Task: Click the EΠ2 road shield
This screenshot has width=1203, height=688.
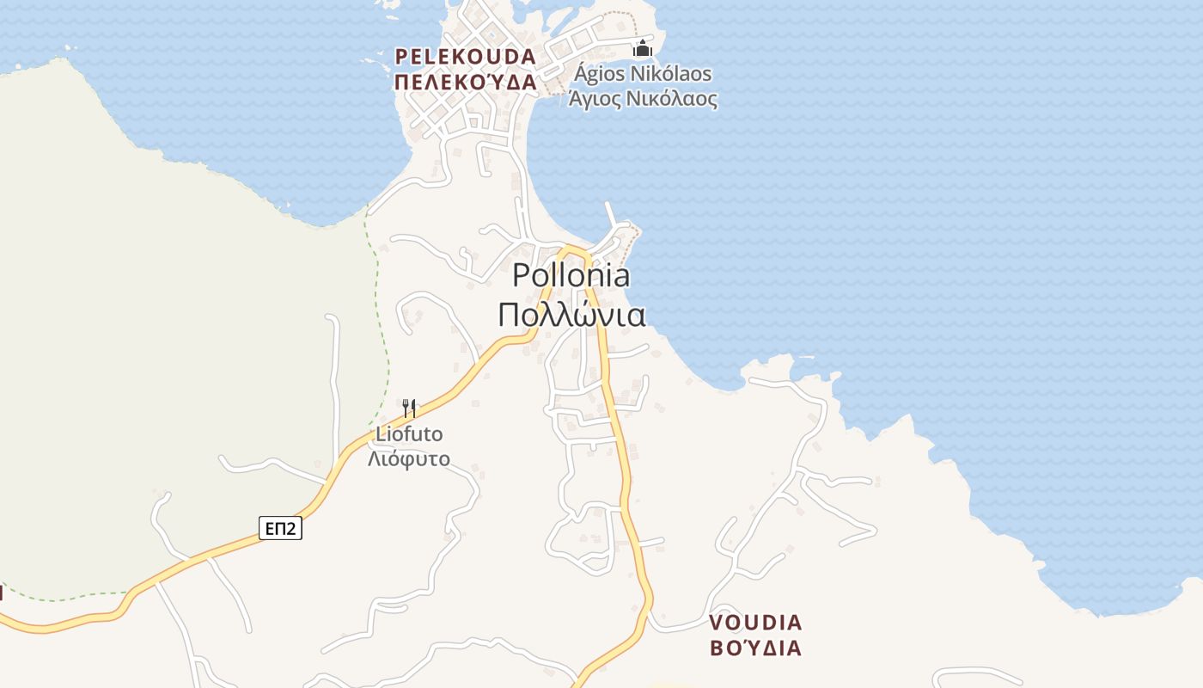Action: [x=280, y=528]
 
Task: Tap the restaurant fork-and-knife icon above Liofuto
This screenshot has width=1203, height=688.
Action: [x=409, y=407]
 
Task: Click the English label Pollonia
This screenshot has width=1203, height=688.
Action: [x=571, y=275]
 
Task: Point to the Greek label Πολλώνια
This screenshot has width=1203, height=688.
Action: [x=571, y=316]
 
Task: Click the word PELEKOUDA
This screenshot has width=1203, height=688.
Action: [x=465, y=57]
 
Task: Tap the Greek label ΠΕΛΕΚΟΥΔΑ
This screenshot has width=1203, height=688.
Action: [x=465, y=83]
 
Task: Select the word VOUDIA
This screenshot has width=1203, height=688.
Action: [x=755, y=622]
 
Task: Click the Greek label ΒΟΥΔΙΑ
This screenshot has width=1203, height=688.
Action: [x=755, y=648]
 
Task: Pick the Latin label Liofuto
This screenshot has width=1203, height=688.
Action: [x=409, y=434]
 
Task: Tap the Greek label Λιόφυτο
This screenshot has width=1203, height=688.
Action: [x=409, y=458]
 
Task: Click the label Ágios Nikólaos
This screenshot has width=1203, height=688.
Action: [x=643, y=73]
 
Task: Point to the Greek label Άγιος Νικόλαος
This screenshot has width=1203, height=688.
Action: [x=643, y=98]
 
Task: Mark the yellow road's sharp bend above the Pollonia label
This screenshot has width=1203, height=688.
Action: [x=571, y=249]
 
